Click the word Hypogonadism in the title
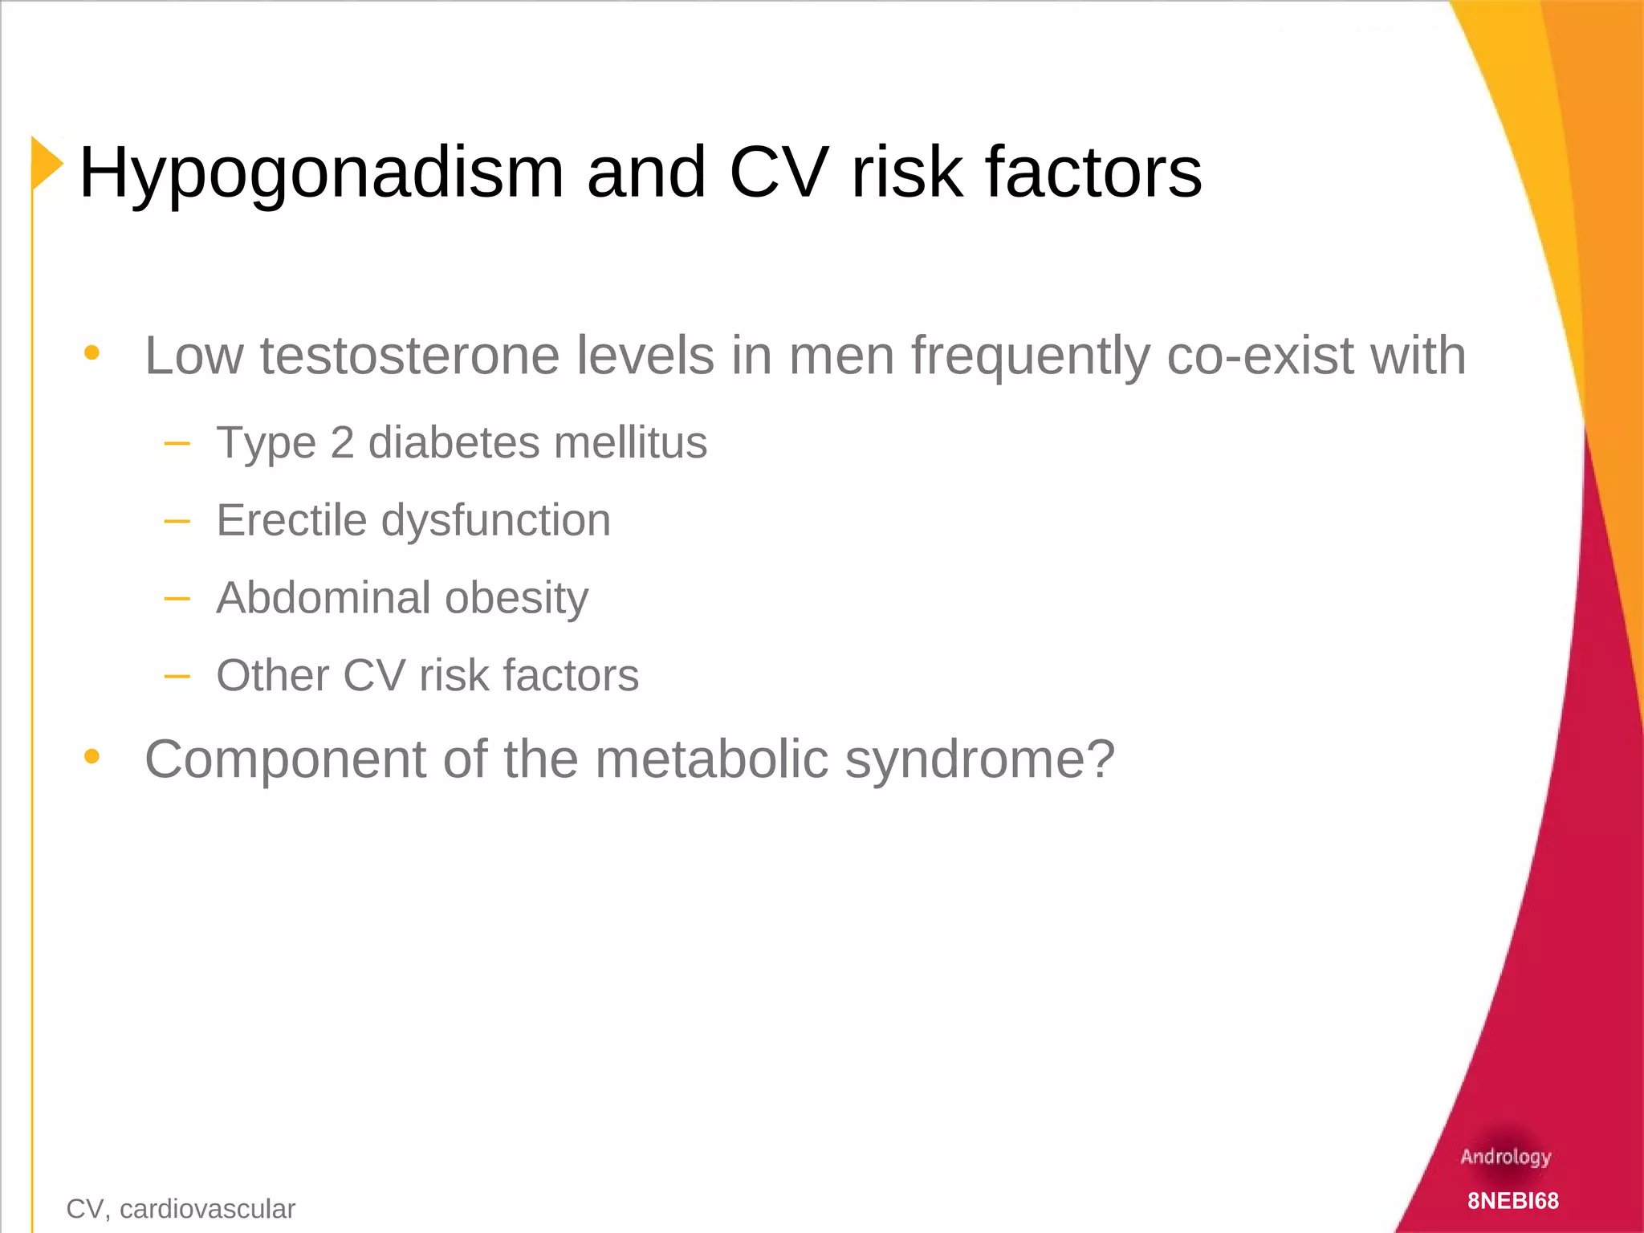tap(321, 173)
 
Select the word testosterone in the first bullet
tap(409, 356)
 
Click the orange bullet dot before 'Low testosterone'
tap(92, 352)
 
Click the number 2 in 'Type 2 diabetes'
tap(342, 442)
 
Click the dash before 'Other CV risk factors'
tap(177, 676)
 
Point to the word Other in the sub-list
tap(272, 675)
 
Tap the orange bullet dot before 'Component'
tap(92, 756)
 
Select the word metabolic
tap(711, 759)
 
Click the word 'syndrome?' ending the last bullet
tap(980, 759)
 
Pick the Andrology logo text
tap(1505, 1157)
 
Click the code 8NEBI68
tap(1513, 1201)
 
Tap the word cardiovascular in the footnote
tap(207, 1209)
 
